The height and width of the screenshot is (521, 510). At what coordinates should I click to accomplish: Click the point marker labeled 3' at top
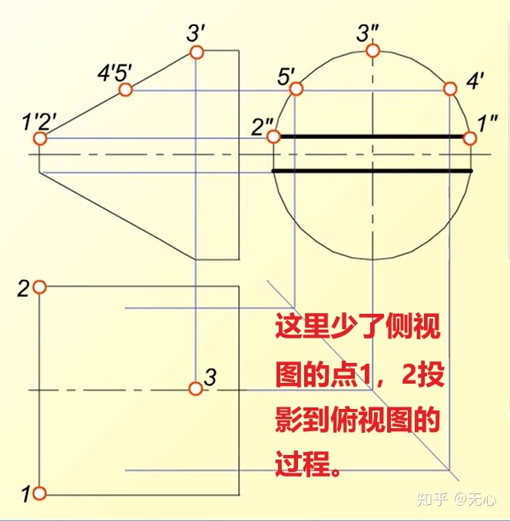pyautogui.click(x=196, y=52)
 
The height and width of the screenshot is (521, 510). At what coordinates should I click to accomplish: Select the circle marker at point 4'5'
pyautogui.click(x=126, y=90)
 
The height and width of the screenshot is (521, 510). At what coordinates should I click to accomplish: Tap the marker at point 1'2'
pyautogui.click(x=40, y=138)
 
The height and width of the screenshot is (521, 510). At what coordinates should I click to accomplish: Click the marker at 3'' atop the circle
pyautogui.click(x=373, y=51)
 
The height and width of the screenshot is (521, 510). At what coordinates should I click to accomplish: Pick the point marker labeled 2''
pyautogui.click(x=273, y=137)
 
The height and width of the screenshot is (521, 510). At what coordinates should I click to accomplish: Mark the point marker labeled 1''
pyautogui.click(x=470, y=138)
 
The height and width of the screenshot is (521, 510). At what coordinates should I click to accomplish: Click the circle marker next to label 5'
pyautogui.click(x=295, y=91)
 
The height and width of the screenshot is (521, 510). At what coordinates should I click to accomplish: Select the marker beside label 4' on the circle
pyautogui.click(x=450, y=91)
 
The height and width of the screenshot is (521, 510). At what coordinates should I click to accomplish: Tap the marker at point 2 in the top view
pyautogui.click(x=40, y=287)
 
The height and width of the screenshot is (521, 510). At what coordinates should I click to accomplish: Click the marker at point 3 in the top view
pyautogui.click(x=196, y=389)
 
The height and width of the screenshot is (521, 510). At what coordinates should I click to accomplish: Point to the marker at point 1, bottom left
pyautogui.click(x=40, y=493)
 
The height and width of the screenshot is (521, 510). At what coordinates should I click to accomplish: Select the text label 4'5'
pyautogui.click(x=115, y=74)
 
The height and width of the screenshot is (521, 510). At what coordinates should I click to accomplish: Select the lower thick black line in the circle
pyautogui.click(x=373, y=170)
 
